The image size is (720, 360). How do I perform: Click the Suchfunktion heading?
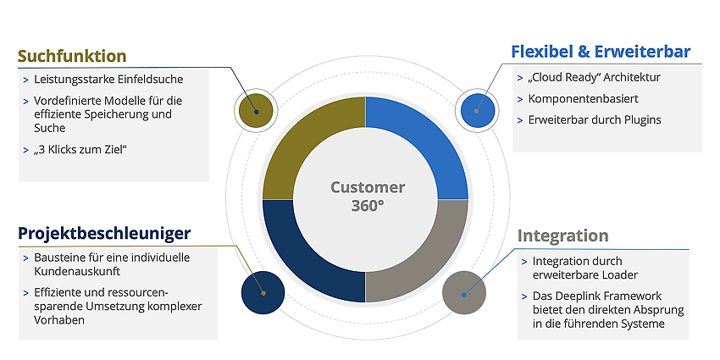coord(72,56)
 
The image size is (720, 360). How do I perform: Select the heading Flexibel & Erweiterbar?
coord(601,52)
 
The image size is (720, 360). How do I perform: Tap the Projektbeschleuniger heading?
coord(104,233)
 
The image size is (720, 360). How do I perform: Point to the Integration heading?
coord(562,235)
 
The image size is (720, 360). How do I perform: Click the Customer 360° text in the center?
coord(368,196)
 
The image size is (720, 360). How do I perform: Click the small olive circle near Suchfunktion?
coord(256,111)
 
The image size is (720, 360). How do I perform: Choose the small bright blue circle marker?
coord(478,110)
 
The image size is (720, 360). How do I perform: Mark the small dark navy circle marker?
coord(263,292)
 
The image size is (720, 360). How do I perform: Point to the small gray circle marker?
coord(464,293)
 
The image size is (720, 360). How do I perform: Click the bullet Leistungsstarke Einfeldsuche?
coord(108,80)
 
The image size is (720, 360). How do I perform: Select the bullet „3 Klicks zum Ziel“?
coord(80,149)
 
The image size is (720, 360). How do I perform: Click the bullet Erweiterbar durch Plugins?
coord(595,119)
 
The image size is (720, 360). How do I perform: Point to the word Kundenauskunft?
coord(77,271)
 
